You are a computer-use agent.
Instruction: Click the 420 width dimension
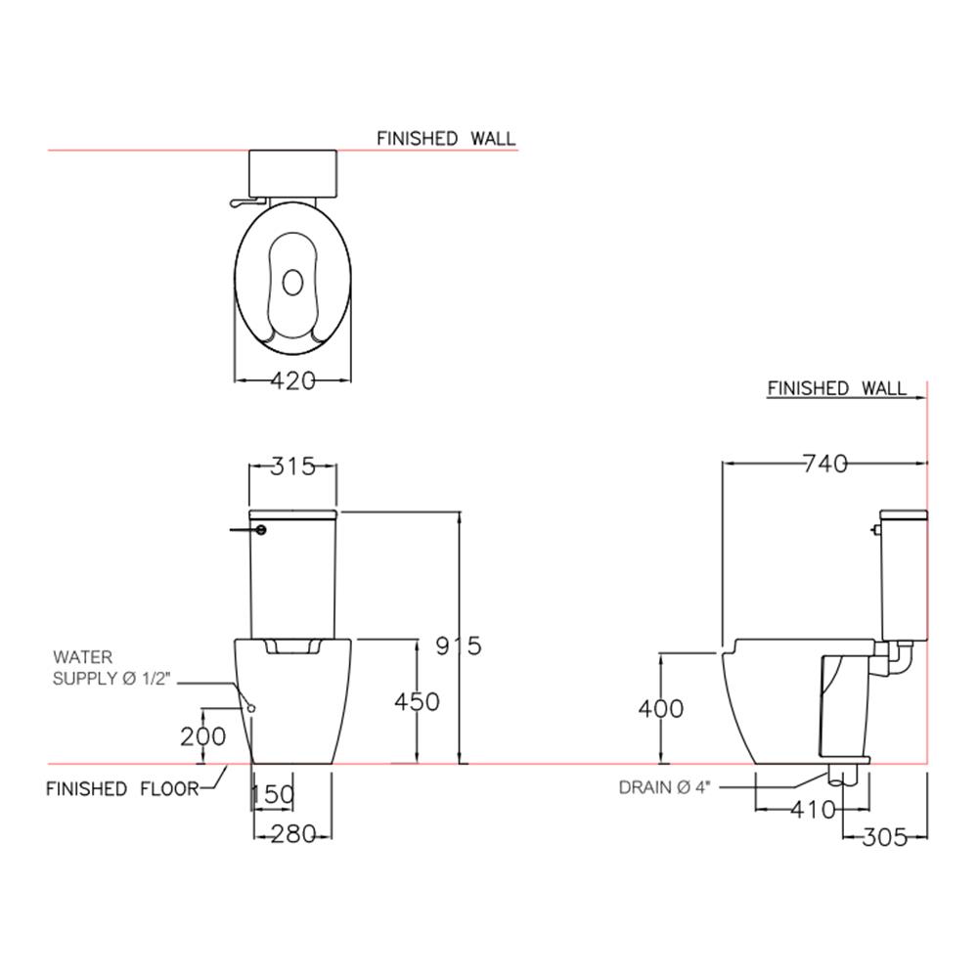pos(293,380)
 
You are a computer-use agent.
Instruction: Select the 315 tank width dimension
pos(293,466)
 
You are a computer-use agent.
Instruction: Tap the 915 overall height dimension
pos(459,645)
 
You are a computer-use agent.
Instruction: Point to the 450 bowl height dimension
pos(417,701)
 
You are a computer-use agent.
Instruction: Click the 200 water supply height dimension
pos(202,736)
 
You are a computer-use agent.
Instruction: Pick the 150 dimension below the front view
pos(273,794)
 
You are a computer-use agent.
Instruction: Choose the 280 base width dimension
pos(293,834)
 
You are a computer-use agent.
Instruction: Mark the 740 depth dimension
pos(824,464)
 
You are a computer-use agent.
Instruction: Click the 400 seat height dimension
pos(660,708)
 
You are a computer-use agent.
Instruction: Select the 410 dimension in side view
pos(813,810)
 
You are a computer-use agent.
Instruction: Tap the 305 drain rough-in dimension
pos(884,837)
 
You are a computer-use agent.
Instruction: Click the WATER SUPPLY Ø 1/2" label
pos(111,667)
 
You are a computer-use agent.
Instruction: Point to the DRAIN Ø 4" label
pos(664,787)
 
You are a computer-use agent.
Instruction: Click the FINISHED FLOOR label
pos(122,789)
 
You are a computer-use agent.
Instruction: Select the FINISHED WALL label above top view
pos(446,138)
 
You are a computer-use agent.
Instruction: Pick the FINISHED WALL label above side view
pos(836,388)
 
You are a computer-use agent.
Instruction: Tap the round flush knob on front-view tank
pos(261,529)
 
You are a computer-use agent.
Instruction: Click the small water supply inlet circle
pos(251,708)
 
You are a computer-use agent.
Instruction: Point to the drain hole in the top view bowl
pos(292,283)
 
